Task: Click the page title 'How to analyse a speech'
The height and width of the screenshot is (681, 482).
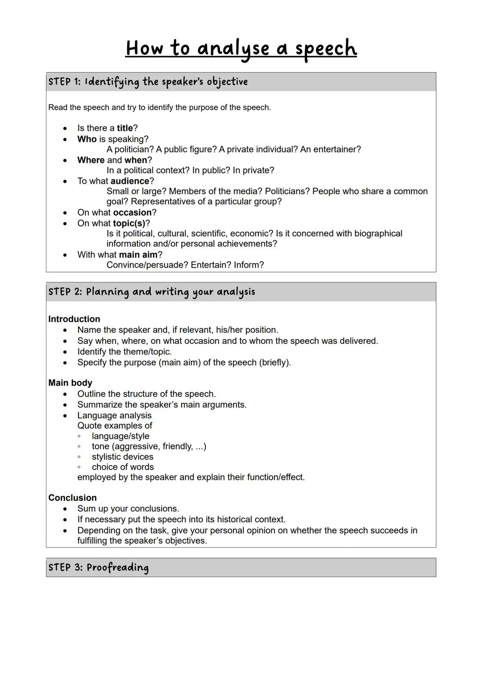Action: pyautogui.click(x=241, y=48)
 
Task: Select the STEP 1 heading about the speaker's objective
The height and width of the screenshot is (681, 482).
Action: pyautogui.click(x=148, y=82)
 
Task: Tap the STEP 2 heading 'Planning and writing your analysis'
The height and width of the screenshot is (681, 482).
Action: pyautogui.click(x=152, y=292)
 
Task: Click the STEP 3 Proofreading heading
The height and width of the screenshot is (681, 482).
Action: pyautogui.click(x=98, y=567)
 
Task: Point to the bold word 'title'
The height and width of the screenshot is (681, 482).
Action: pyautogui.click(x=125, y=128)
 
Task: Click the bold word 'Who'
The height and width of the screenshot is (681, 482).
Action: pyautogui.click(x=87, y=139)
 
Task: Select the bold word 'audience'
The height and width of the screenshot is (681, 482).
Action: pyautogui.click(x=130, y=181)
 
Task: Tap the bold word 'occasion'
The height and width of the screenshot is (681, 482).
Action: pyautogui.click(x=133, y=213)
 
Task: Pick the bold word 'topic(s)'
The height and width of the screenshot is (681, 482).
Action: pyautogui.click(x=129, y=223)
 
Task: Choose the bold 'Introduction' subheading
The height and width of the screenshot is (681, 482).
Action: pyautogui.click(x=74, y=319)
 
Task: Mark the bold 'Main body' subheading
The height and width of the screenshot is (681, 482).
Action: pyautogui.click(x=70, y=383)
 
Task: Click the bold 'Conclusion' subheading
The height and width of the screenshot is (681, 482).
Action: pyautogui.click(x=72, y=498)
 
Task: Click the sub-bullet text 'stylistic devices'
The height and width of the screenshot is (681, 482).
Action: pyautogui.click(x=122, y=457)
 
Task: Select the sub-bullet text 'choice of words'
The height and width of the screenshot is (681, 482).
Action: pyautogui.click(x=123, y=467)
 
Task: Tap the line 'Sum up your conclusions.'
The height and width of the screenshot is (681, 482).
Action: pyautogui.click(x=128, y=509)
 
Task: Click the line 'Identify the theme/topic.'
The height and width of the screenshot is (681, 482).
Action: pyautogui.click(x=125, y=352)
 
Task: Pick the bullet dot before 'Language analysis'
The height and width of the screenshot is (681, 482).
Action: pyautogui.click(x=65, y=416)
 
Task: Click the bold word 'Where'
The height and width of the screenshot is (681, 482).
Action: pyautogui.click(x=91, y=160)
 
